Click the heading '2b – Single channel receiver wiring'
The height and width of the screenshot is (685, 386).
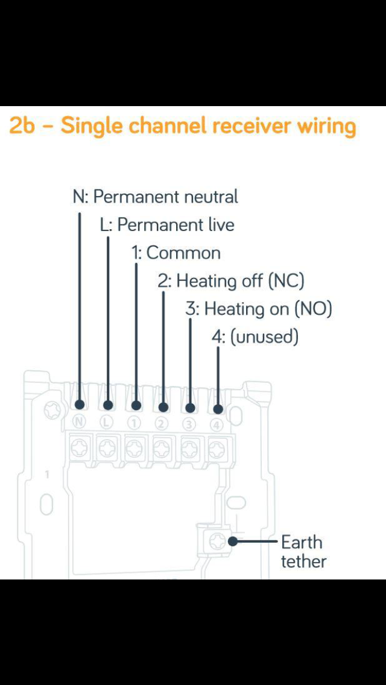[x=182, y=127]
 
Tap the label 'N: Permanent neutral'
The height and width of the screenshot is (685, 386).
[x=156, y=197]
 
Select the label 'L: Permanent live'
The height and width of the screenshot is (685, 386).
[x=167, y=224]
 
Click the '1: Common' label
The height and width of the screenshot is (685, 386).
[x=176, y=253]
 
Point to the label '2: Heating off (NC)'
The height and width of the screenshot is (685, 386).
[x=231, y=281]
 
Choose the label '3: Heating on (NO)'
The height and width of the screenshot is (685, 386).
[x=259, y=309]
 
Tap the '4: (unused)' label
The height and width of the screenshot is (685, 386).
[x=255, y=337]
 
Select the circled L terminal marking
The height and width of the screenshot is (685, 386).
[x=107, y=422]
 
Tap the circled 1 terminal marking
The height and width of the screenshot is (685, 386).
[x=135, y=423]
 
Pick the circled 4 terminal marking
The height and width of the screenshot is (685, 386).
[x=217, y=424]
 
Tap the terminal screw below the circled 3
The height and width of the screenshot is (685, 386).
[x=190, y=448]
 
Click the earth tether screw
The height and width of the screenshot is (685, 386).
[x=217, y=542]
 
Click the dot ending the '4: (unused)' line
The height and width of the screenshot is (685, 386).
[x=218, y=409]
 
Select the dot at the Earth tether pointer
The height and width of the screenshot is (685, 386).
[x=233, y=541]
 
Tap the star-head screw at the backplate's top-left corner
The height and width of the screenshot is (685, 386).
[x=52, y=409]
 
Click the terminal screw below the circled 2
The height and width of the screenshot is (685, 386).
[x=162, y=448]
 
